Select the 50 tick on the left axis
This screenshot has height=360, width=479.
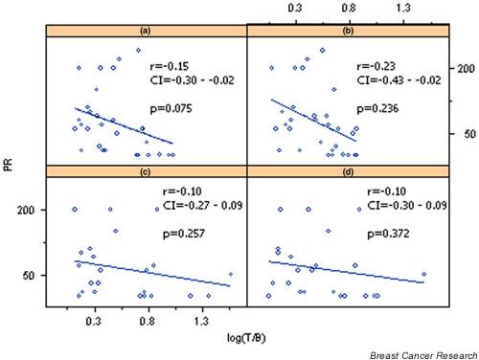[29, 275]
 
